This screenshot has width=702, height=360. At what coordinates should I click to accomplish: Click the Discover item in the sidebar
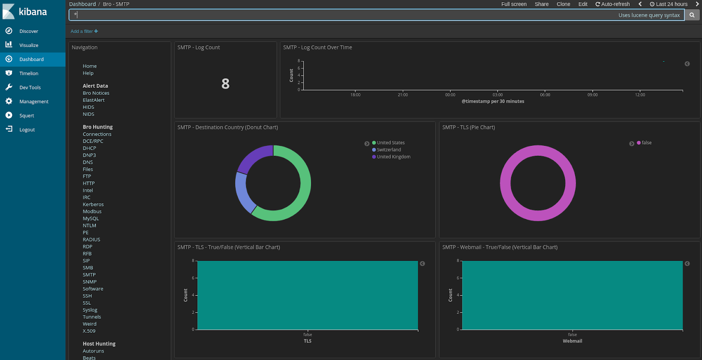(x=29, y=31)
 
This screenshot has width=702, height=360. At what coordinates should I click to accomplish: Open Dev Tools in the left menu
(x=30, y=87)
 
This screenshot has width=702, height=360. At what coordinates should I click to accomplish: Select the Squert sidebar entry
(x=26, y=115)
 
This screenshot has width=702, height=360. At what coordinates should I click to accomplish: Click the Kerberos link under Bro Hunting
(x=93, y=205)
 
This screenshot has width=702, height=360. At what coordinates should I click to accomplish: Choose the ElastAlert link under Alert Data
(x=93, y=100)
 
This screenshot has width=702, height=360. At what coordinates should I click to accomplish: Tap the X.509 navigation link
(x=89, y=331)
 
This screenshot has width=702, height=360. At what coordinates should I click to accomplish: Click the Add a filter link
(x=84, y=31)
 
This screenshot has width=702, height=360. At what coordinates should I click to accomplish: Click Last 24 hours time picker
(x=669, y=4)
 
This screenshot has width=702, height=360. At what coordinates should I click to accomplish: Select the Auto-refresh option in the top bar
(x=612, y=4)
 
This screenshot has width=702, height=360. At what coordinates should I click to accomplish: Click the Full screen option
(x=514, y=4)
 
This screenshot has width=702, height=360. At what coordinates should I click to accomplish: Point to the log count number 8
(x=226, y=83)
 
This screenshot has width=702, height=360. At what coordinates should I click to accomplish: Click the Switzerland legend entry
(x=389, y=150)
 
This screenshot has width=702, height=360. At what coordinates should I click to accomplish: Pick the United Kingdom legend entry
(x=394, y=157)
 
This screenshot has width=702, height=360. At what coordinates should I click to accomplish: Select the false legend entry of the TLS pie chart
(x=646, y=143)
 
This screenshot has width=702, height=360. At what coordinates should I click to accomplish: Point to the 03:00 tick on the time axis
(x=498, y=94)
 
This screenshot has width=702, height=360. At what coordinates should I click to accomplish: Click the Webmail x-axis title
(x=572, y=341)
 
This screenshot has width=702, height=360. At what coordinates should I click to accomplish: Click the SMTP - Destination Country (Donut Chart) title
(x=228, y=127)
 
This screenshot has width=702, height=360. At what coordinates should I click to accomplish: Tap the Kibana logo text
(x=33, y=12)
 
